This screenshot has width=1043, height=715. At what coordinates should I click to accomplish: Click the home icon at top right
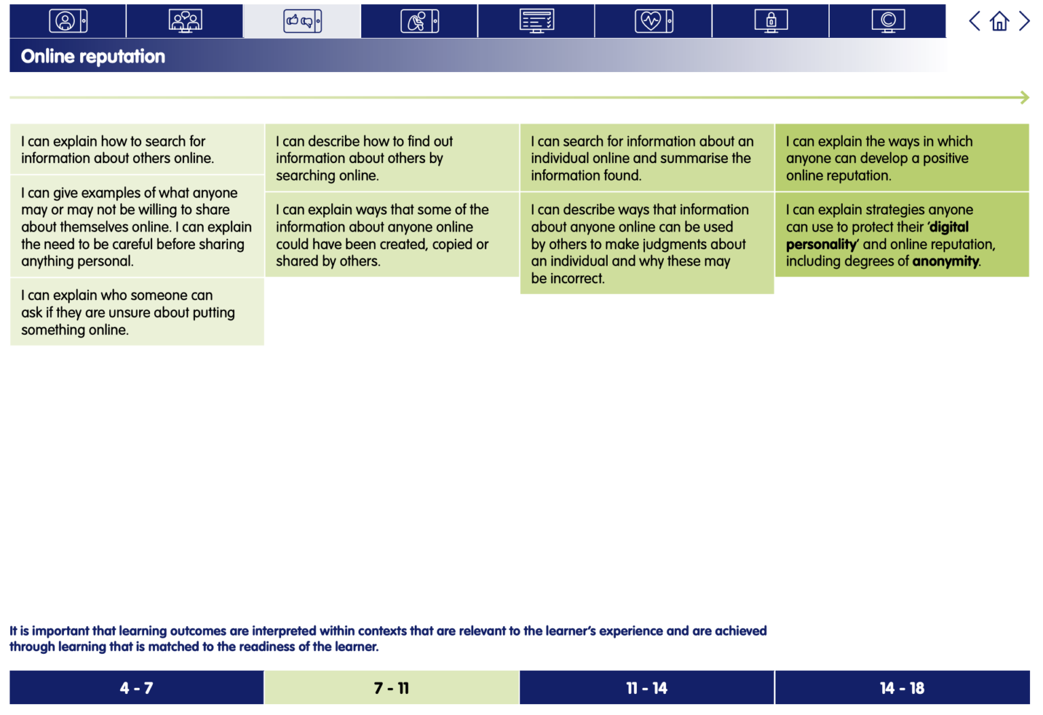click(999, 21)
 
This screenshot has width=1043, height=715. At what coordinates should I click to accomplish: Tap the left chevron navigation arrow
click(974, 21)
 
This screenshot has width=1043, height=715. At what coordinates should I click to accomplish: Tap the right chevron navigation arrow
click(1024, 21)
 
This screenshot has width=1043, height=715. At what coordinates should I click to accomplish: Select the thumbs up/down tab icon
click(302, 21)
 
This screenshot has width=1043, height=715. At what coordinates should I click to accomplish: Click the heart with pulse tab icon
click(653, 21)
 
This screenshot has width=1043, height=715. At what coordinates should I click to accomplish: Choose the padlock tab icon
click(771, 21)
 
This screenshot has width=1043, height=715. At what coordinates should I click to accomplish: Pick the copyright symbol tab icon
click(888, 21)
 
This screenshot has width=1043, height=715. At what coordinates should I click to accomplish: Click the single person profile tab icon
click(68, 21)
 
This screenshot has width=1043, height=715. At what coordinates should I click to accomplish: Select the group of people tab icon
click(185, 21)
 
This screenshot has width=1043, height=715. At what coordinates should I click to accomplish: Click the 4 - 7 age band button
click(136, 688)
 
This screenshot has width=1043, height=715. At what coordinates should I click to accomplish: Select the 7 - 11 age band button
click(392, 688)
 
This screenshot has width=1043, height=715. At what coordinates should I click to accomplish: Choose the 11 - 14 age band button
click(646, 688)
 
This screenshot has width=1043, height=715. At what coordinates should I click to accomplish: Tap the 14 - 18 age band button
click(902, 688)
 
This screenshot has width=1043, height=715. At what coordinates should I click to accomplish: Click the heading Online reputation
click(93, 56)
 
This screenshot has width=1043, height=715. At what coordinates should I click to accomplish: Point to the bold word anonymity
click(945, 261)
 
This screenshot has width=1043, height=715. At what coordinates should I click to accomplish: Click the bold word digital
click(949, 227)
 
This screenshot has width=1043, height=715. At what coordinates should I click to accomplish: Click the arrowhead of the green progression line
click(1025, 98)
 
